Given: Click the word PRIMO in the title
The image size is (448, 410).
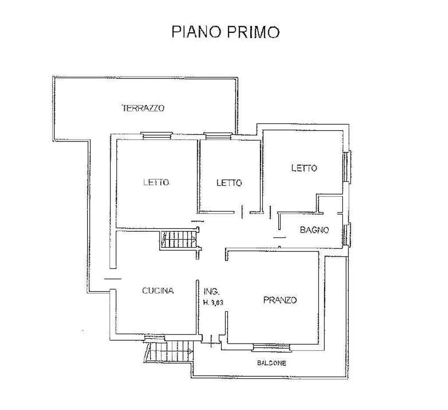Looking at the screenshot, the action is (x=253, y=32).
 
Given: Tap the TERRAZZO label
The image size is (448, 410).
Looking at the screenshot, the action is (x=143, y=108).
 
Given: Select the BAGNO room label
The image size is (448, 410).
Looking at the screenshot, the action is (x=314, y=230).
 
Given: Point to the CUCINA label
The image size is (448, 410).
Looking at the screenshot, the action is (x=158, y=291).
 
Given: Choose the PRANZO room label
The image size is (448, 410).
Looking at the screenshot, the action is (x=280, y=300).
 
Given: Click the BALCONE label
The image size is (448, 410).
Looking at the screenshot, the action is (x=271, y=363).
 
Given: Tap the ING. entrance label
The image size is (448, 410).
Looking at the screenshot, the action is (x=211, y=292).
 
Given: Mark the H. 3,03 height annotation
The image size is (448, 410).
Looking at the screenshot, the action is (x=213, y=302).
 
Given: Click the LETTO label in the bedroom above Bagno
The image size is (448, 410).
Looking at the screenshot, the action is (x=304, y=168).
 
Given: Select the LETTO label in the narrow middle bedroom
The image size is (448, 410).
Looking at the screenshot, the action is (x=229, y=183).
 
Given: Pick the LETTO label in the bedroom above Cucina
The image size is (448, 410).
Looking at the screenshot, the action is (x=156, y=182).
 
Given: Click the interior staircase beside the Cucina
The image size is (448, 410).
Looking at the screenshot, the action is (x=178, y=240).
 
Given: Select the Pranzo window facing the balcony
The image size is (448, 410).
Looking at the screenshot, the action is (x=272, y=347).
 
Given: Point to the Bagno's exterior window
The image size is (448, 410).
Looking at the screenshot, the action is (x=346, y=234).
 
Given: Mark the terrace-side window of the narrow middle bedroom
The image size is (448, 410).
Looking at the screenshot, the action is (x=218, y=136).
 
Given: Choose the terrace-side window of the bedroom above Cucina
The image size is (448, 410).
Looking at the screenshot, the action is (x=157, y=135).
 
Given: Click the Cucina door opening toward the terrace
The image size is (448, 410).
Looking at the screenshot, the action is (x=113, y=279).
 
